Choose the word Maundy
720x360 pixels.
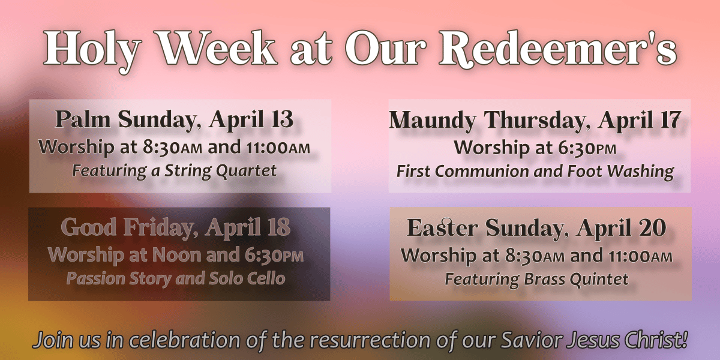433,121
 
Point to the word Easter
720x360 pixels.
442,227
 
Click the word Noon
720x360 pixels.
176,255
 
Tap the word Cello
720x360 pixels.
267,278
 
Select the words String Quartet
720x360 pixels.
221,171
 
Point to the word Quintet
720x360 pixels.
599,279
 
